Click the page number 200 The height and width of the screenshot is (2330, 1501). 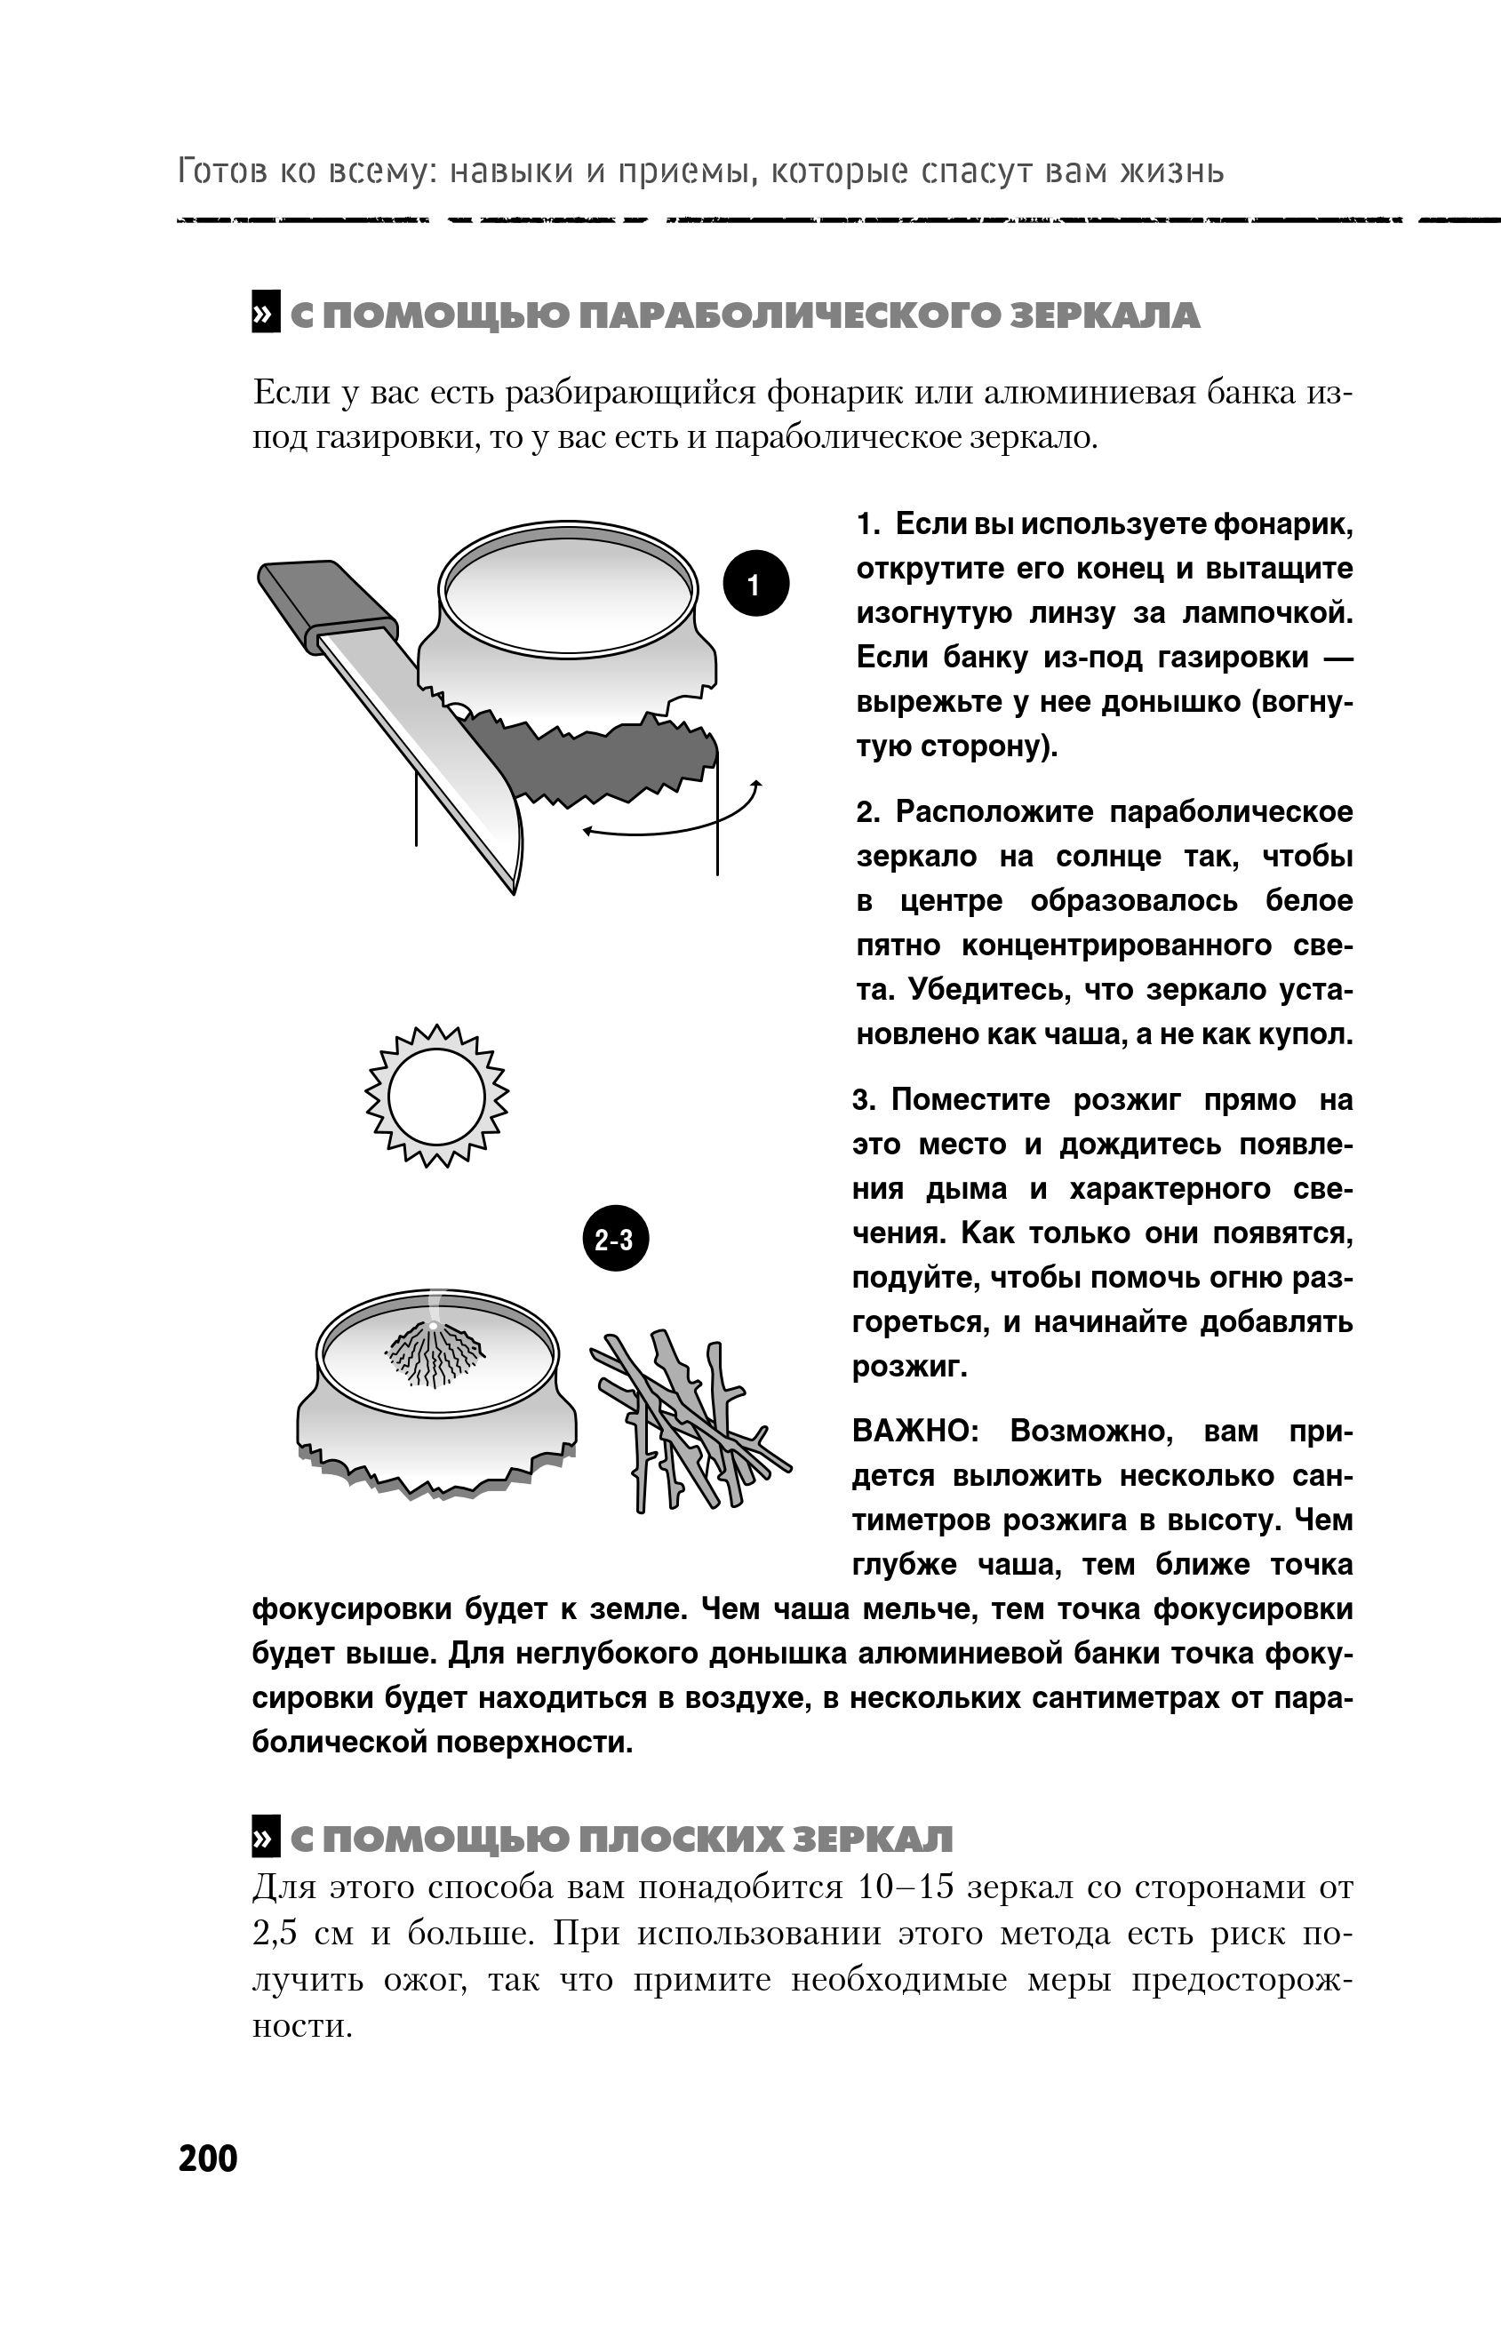(208, 2158)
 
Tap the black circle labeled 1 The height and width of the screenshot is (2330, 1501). (754, 584)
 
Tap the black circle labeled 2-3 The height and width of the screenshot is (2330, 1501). (614, 1240)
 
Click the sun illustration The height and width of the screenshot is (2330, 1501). (436, 1097)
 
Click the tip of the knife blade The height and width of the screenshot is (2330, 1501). (513, 889)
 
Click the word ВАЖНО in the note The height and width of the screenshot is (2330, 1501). (915, 1431)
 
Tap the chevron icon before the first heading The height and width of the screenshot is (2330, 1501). (265, 313)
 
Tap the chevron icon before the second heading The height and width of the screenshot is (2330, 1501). (265, 1837)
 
